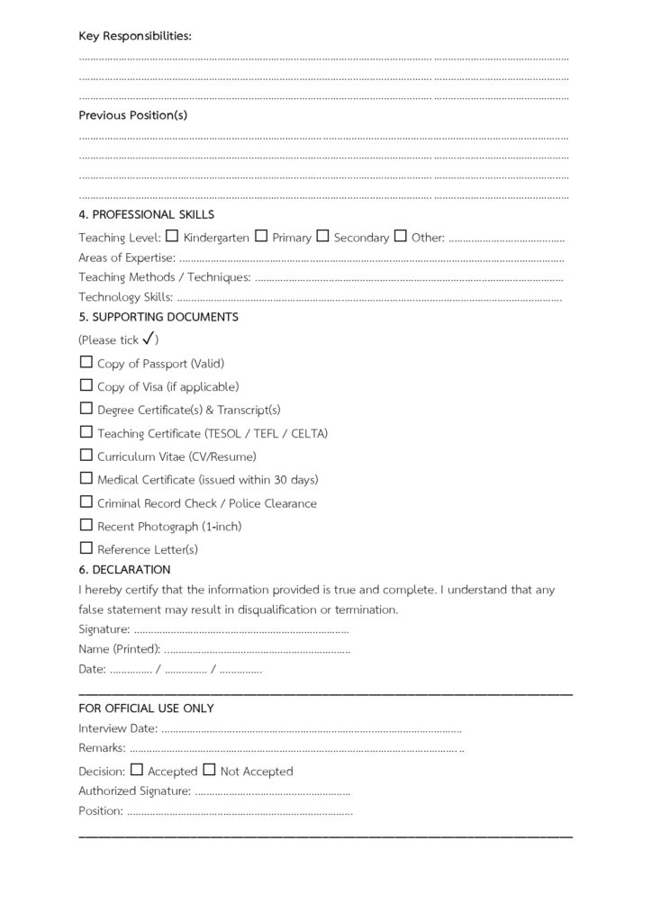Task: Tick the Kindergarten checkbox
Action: (172, 237)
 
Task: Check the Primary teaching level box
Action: (261, 237)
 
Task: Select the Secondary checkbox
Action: (322, 237)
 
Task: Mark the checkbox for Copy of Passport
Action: (86, 362)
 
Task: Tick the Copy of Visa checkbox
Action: (86, 385)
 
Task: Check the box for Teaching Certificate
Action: (86, 432)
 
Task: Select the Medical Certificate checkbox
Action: (86, 478)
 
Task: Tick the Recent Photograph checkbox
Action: (86, 525)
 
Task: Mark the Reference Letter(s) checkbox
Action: (86, 547)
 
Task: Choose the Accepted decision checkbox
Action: (137, 770)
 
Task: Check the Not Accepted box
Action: (209, 770)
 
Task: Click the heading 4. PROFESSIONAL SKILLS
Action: (146, 215)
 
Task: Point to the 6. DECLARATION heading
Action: (124, 570)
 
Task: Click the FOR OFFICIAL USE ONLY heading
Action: (146, 709)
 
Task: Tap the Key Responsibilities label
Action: (135, 36)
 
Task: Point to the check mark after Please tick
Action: (149, 339)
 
